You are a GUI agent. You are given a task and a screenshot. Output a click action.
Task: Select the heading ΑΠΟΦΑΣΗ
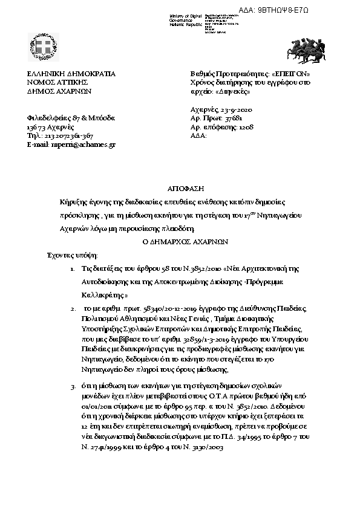[x=180, y=189]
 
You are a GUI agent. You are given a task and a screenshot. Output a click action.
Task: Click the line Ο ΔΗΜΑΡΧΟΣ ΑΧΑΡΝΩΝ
[x=180, y=239]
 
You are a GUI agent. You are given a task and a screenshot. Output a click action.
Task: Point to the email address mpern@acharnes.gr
[x=80, y=145]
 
